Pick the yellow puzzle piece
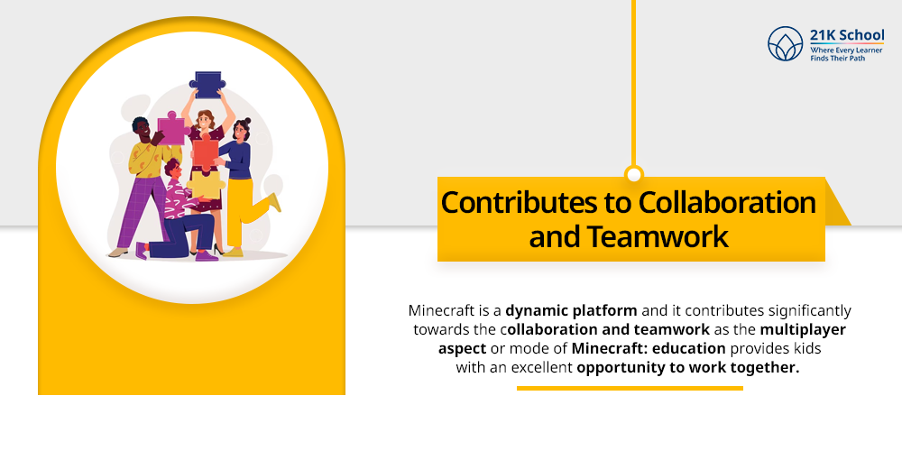(x=203, y=183)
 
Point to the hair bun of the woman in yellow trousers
(x=246, y=120)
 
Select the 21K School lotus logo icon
(x=785, y=43)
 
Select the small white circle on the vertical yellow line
(x=634, y=174)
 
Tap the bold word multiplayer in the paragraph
(x=803, y=329)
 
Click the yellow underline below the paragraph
(x=630, y=389)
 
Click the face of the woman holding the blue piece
(x=205, y=119)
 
